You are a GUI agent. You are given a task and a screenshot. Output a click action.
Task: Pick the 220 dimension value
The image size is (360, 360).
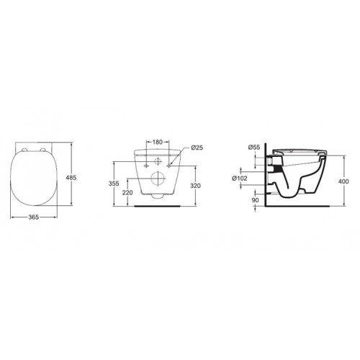(127, 193)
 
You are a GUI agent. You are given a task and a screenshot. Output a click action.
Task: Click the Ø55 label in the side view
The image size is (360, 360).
(254, 148)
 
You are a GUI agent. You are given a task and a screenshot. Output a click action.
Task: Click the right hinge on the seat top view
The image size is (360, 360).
(48, 150)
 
